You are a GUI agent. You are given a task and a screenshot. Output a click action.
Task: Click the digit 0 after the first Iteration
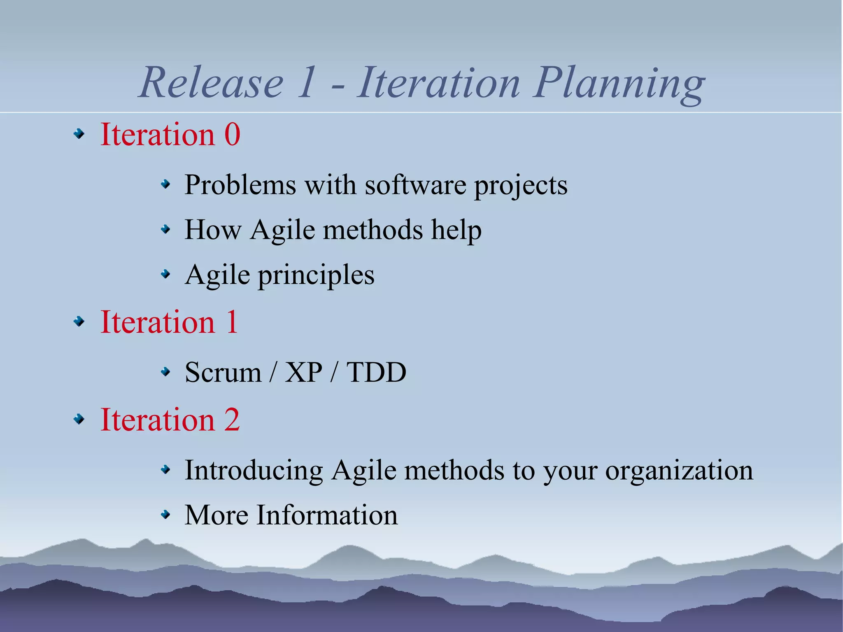(x=232, y=135)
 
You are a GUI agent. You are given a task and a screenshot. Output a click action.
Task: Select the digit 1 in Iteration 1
(x=232, y=322)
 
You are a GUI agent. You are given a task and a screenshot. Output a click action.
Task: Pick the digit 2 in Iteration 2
(x=232, y=420)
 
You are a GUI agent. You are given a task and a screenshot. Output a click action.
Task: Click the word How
(x=213, y=230)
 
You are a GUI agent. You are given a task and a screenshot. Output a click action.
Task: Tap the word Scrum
(x=223, y=373)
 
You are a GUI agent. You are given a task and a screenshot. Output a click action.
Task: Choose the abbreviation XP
(x=303, y=373)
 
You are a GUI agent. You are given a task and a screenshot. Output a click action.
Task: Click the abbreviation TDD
(x=376, y=373)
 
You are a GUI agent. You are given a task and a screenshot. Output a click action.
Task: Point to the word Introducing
(x=254, y=470)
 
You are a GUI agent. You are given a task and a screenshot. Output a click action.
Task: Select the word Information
(x=327, y=515)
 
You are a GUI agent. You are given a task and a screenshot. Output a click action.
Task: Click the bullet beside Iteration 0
(x=79, y=134)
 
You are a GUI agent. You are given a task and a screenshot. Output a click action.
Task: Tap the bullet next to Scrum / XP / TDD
(x=165, y=372)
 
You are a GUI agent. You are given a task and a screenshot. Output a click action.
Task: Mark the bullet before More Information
(x=165, y=514)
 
